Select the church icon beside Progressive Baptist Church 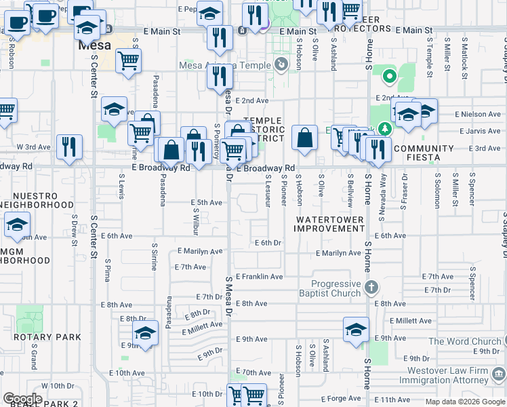371,288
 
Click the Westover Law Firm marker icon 499,372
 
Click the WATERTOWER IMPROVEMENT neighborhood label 330,225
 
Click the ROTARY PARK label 47,337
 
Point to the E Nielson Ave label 478,115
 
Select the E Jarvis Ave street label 480,132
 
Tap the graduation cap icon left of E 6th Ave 17,227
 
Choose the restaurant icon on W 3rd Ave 69,147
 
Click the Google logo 22,399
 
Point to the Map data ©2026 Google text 465,402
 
